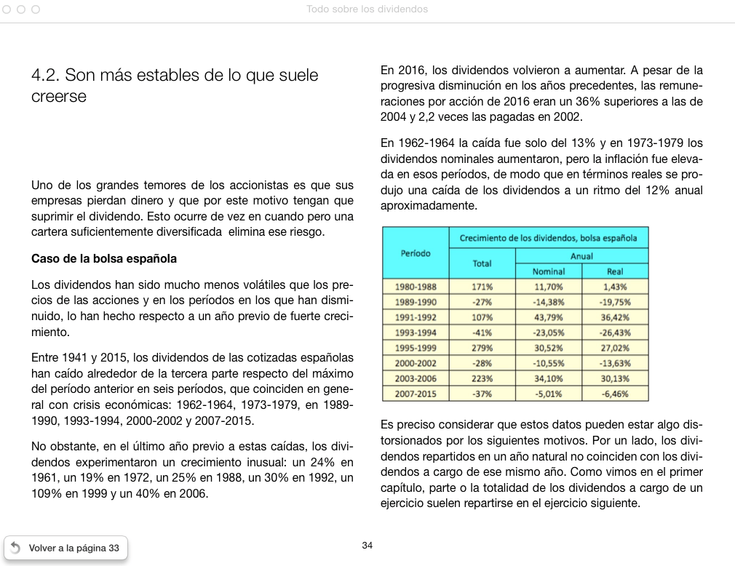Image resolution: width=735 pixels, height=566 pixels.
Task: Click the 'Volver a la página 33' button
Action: (65, 548)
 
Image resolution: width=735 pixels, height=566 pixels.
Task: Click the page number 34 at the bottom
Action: (367, 546)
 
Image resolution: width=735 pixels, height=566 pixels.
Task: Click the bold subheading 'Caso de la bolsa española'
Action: (104, 258)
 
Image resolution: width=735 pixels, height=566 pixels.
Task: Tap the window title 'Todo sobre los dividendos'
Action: (367, 9)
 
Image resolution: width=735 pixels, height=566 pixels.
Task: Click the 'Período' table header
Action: (416, 253)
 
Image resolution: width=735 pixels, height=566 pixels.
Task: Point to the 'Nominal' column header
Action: (549, 271)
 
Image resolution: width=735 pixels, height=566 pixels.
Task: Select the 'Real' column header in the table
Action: (615, 271)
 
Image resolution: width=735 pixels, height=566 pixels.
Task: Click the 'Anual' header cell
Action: (581, 255)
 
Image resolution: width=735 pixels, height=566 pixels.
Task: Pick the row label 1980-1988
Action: (416, 287)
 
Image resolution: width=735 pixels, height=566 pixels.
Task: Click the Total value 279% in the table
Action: (482, 348)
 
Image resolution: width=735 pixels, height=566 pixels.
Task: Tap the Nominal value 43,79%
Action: (549, 317)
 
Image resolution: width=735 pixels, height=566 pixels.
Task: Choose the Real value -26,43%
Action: (615, 332)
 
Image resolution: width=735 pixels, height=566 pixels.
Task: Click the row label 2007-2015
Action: (416, 394)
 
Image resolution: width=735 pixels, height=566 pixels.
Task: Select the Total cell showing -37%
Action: (482, 394)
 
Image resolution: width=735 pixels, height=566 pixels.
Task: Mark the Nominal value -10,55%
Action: (549, 363)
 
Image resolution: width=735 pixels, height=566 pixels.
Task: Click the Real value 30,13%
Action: (615, 378)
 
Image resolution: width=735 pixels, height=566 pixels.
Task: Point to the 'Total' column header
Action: (482, 263)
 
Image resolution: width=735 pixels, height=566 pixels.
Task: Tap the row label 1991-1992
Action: (416, 317)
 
